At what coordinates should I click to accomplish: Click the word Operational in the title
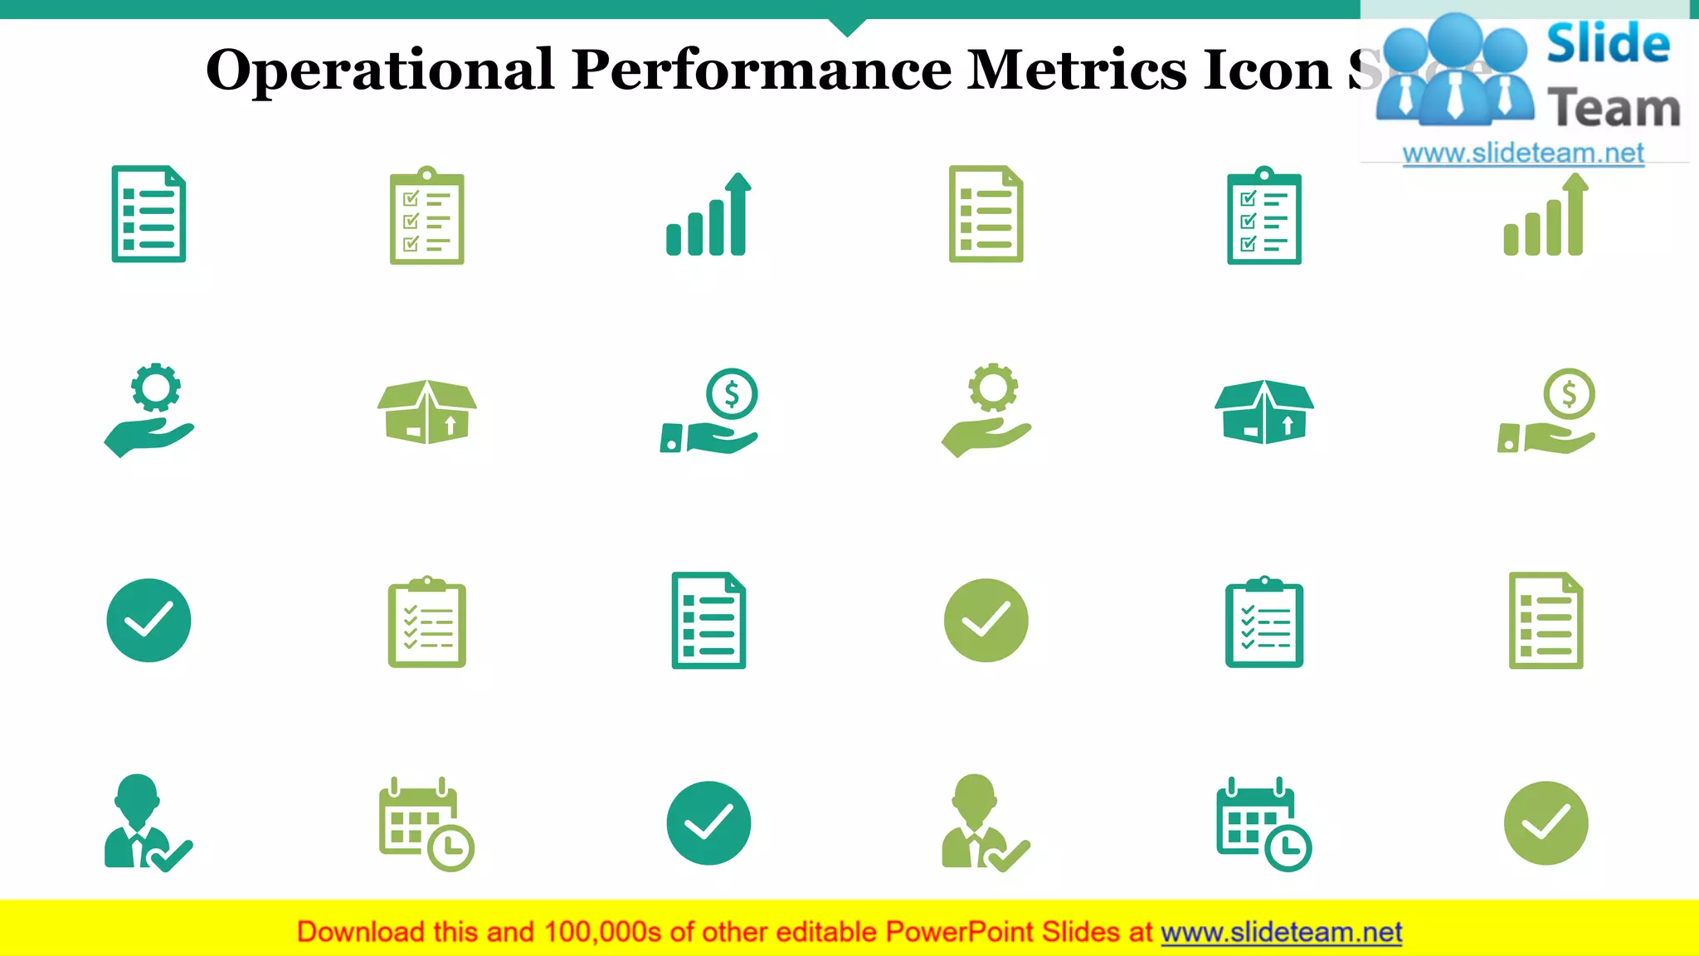(x=379, y=71)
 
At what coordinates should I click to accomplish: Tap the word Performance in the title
(x=761, y=71)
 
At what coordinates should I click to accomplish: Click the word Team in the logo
(x=1614, y=109)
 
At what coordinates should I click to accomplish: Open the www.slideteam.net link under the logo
(x=1522, y=153)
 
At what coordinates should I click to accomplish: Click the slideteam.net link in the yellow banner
(x=1281, y=932)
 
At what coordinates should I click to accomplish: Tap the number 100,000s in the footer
(x=602, y=932)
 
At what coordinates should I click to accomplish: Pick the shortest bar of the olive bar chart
(x=1512, y=240)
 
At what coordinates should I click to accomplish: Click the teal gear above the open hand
(x=155, y=388)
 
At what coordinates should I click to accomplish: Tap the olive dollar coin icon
(x=1569, y=393)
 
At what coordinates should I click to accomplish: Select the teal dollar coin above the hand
(x=732, y=393)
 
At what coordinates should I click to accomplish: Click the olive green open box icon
(x=426, y=412)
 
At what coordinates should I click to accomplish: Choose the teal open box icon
(x=1263, y=412)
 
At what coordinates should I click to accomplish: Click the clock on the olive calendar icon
(x=450, y=847)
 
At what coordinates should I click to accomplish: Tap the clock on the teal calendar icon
(x=1288, y=847)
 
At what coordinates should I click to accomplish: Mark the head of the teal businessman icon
(x=138, y=795)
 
